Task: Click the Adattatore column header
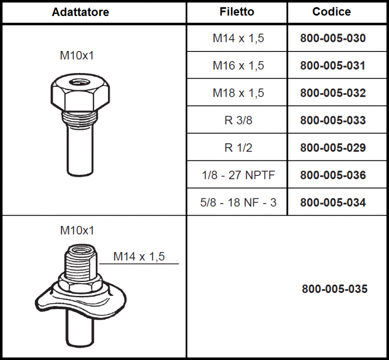(80, 12)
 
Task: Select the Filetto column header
(237, 12)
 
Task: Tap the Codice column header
(332, 12)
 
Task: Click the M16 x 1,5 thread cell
(238, 66)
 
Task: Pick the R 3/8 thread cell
(238, 120)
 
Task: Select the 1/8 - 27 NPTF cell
(238, 175)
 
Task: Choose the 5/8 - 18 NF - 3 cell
(238, 203)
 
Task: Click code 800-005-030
(333, 38)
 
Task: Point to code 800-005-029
(333, 148)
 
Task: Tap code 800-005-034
(333, 203)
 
